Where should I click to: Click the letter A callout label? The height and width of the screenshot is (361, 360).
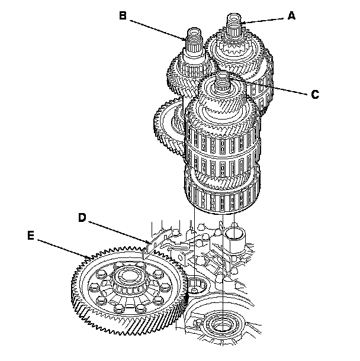tap(291, 16)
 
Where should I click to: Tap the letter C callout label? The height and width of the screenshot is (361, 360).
tap(315, 94)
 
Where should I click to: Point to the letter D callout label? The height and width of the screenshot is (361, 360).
tap(83, 217)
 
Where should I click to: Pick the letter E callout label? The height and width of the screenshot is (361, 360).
tap(31, 235)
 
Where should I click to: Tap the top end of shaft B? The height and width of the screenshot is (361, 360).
tap(195, 30)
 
